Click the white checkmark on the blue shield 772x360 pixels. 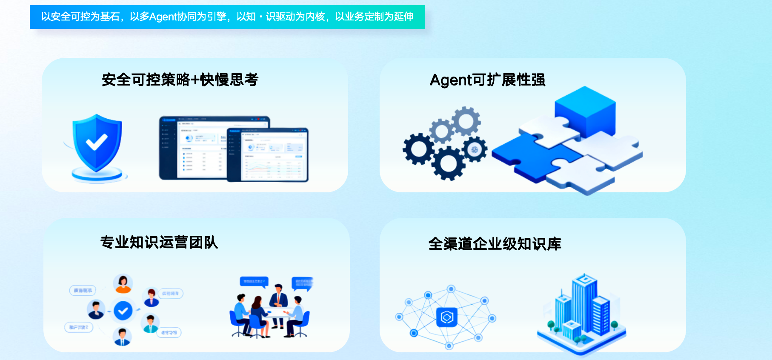click(x=97, y=142)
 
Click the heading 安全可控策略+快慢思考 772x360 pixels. click(x=180, y=80)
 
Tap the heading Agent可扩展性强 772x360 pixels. click(x=487, y=80)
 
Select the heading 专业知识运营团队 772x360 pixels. click(x=159, y=242)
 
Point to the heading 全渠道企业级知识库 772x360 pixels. click(x=495, y=244)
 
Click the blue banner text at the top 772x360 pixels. click(x=227, y=17)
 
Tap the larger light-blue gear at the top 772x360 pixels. click(x=466, y=121)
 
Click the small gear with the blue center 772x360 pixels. click(x=475, y=149)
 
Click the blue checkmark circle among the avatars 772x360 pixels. click(x=123, y=311)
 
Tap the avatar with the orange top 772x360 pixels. click(x=123, y=283)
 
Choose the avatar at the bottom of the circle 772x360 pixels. click(x=122, y=337)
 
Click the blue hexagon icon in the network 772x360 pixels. click(x=447, y=317)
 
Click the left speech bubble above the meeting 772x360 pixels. click(x=254, y=281)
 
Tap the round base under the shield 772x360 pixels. click(x=97, y=174)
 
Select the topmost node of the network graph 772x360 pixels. click(x=451, y=289)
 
